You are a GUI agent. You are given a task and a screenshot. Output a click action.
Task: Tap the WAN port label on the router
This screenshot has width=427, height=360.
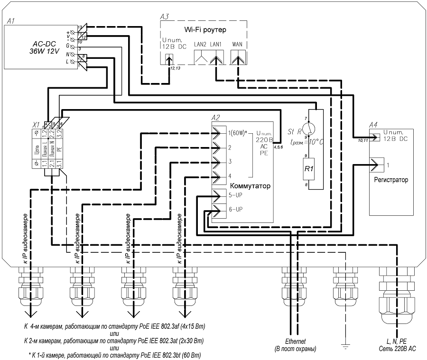(x=237, y=44)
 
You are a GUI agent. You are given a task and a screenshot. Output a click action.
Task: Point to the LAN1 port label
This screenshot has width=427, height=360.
(x=216, y=44)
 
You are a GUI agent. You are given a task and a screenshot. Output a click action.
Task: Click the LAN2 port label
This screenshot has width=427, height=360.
(x=200, y=44)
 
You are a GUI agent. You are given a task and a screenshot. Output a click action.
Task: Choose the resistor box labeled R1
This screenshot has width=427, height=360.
(x=309, y=169)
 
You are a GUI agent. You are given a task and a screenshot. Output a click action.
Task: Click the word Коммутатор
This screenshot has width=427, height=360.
(x=250, y=186)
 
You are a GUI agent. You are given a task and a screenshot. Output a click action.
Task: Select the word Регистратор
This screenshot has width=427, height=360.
(x=391, y=180)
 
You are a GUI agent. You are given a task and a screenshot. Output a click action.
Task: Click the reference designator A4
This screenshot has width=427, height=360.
(x=373, y=124)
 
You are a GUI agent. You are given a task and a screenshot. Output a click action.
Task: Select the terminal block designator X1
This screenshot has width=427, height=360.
(x=35, y=124)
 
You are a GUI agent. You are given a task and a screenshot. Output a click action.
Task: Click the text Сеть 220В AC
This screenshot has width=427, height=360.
(x=399, y=348)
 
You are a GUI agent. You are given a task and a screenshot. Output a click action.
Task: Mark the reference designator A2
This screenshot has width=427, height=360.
(x=216, y=118)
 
